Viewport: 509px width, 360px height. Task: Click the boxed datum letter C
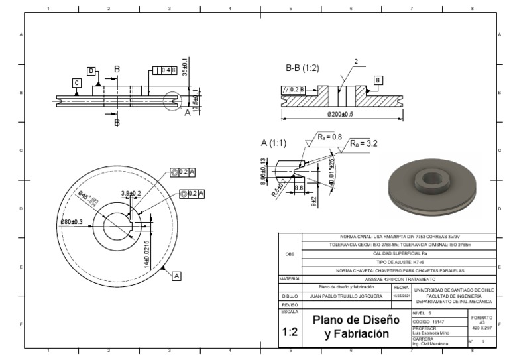click(x=77, y=82)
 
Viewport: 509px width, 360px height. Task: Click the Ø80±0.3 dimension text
click(x=72, y=221)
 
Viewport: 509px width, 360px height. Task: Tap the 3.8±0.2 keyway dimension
click(x=131, y=194)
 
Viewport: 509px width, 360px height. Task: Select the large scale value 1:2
click(x=289, y=332)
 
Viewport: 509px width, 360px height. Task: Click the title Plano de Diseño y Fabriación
click(x=357, y=326)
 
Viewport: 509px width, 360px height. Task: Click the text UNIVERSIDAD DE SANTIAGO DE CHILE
click(x=453, y=290)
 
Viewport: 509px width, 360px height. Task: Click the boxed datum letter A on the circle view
click(x=176, y=274)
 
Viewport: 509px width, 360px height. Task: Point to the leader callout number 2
click(x=356, y=62)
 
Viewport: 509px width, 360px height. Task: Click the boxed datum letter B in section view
click(x=378, y=80)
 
